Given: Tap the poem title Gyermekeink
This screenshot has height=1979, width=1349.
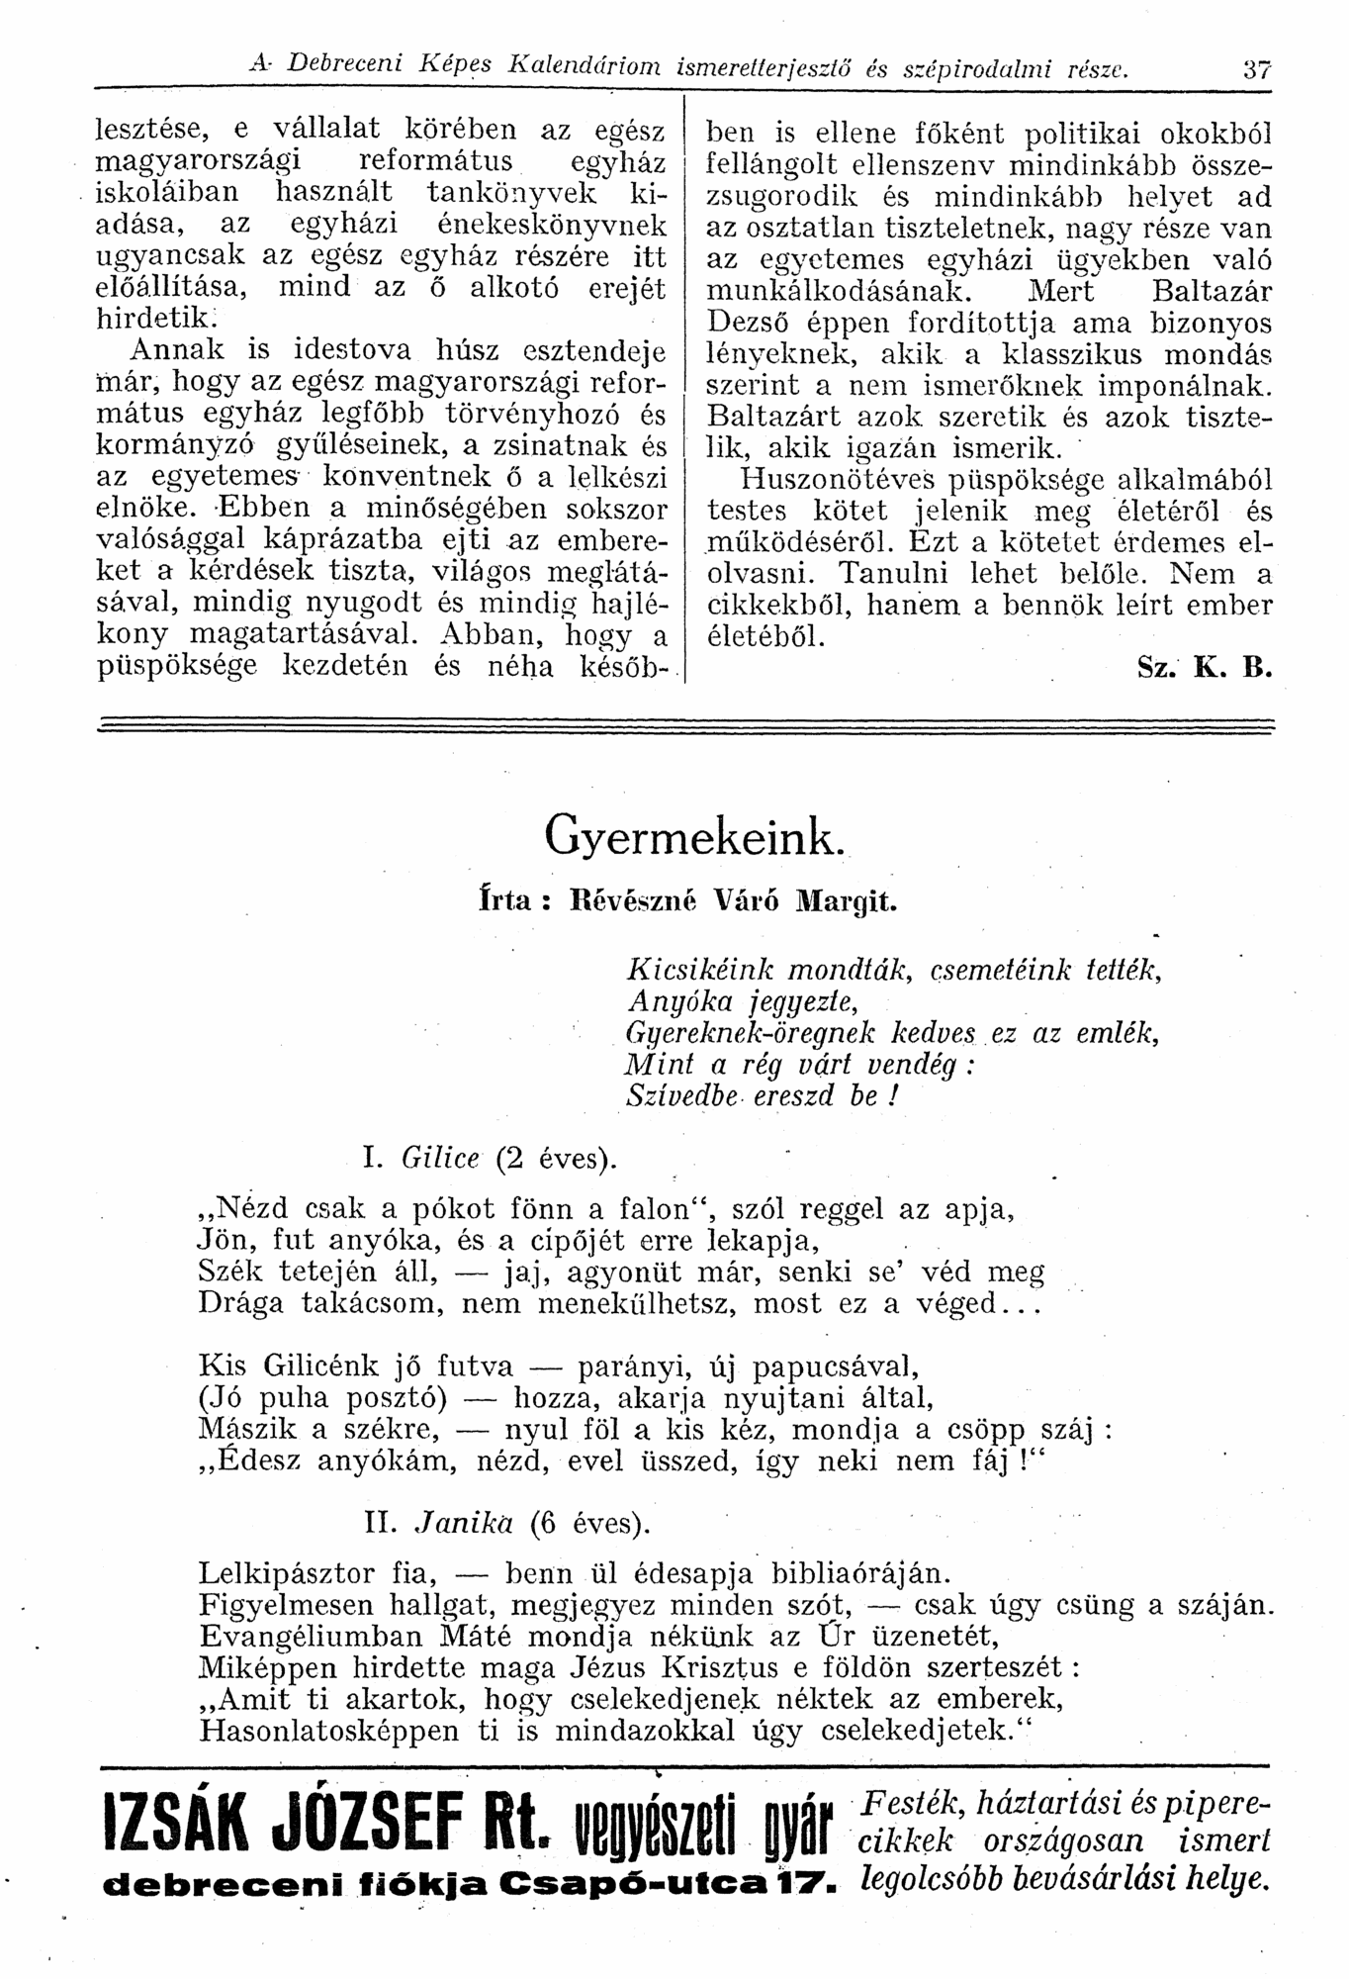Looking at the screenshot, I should click(x=693, y=839).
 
